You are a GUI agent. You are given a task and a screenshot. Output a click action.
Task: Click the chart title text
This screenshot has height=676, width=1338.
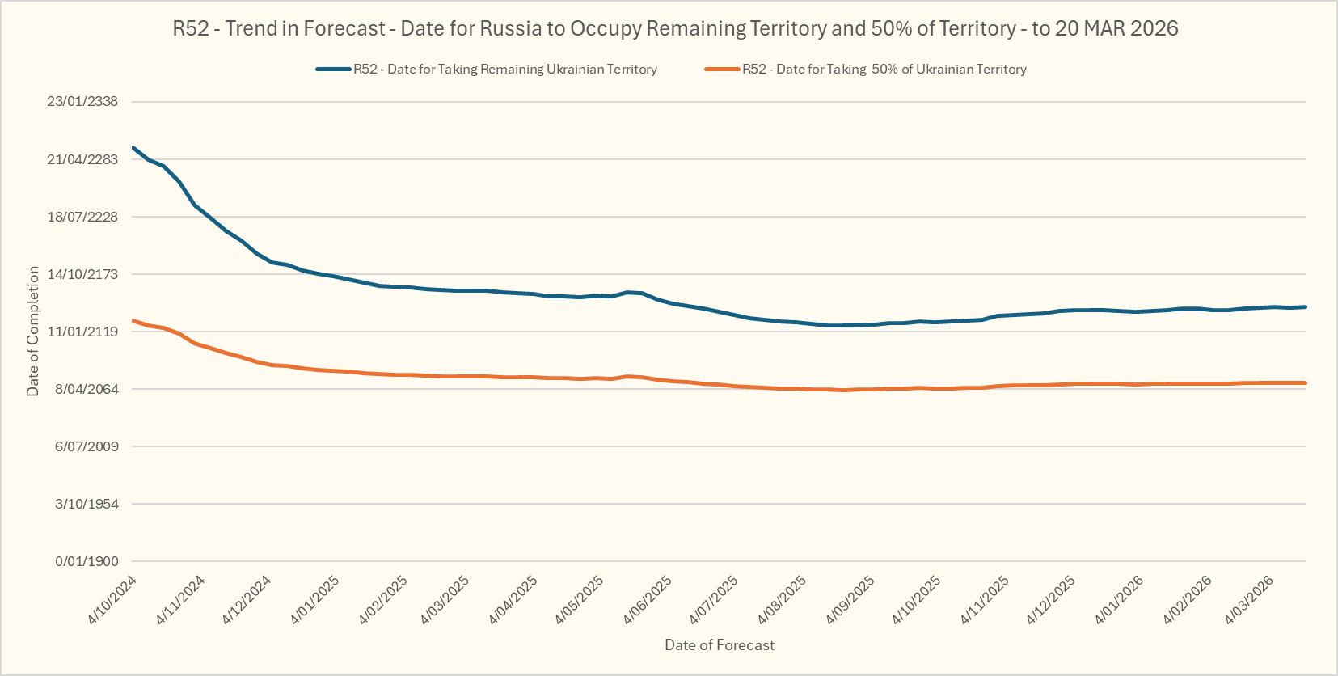pos(675,29)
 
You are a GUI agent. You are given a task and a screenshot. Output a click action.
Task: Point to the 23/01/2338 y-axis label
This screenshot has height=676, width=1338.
pos(82,102)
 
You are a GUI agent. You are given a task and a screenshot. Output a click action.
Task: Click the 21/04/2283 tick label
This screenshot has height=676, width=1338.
pos(82,159)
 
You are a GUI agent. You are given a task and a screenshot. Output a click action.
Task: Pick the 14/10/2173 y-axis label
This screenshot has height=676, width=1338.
pos(82,274)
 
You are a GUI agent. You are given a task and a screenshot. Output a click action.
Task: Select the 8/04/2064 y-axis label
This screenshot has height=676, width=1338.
pos(86,389)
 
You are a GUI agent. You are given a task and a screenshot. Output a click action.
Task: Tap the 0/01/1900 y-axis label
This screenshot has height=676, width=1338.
pos(87,561)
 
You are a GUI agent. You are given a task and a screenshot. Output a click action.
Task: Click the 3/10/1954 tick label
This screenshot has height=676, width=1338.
pos(87,504)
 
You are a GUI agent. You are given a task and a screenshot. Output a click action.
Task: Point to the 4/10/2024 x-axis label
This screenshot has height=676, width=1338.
pos(112,600)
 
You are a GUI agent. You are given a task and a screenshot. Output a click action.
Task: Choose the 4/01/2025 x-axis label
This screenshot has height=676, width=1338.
pos(315,600)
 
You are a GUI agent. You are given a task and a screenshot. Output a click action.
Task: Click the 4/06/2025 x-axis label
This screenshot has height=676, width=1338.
pos(648,600)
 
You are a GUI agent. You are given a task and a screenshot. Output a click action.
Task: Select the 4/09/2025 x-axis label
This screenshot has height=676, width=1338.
pos(850,600)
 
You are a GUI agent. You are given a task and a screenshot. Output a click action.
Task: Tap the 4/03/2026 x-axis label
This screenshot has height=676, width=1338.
pos(1249,600)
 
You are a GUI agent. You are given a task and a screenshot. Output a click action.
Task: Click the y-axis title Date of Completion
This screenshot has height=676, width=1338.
pos(33,331)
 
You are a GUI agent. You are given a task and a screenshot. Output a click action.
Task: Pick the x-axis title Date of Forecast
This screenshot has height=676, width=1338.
pos(719,645)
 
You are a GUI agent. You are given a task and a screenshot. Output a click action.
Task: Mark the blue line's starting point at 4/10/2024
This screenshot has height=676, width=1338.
pos(133,148)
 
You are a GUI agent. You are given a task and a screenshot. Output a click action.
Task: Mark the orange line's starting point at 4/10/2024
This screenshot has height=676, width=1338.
pos(133,321)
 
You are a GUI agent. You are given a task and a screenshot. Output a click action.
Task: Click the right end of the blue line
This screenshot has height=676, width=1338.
pos(1306,307)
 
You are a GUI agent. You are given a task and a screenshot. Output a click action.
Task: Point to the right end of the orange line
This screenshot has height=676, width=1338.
pos(1306,383)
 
